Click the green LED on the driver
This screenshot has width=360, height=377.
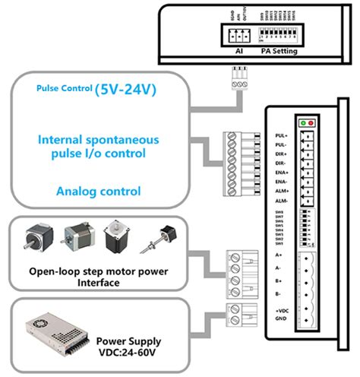pyautogui.click(x=303, y=122)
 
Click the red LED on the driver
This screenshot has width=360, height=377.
pyautogui.click(x=311, y=122)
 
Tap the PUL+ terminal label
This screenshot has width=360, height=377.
pyautogui.click(x=281, y=135)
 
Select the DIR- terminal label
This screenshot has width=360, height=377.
pyautogui.click(x=281, y=163)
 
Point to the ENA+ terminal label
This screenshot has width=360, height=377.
pyautogui.click(x=281, y=173)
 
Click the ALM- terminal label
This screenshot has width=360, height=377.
pyautogui.click(x=281, y=201)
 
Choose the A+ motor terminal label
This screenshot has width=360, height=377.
pyautogui.click(x=279, y=256)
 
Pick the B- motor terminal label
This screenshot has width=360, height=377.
pyautogui.click(x=279, y=293)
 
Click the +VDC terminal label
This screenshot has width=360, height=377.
pyautogui.click(x=281, y=312)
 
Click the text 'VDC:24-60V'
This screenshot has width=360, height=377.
pyautogui.click(x=127, y=350)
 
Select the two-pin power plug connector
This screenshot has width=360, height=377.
pyautogui.click(x=236, y=312)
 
